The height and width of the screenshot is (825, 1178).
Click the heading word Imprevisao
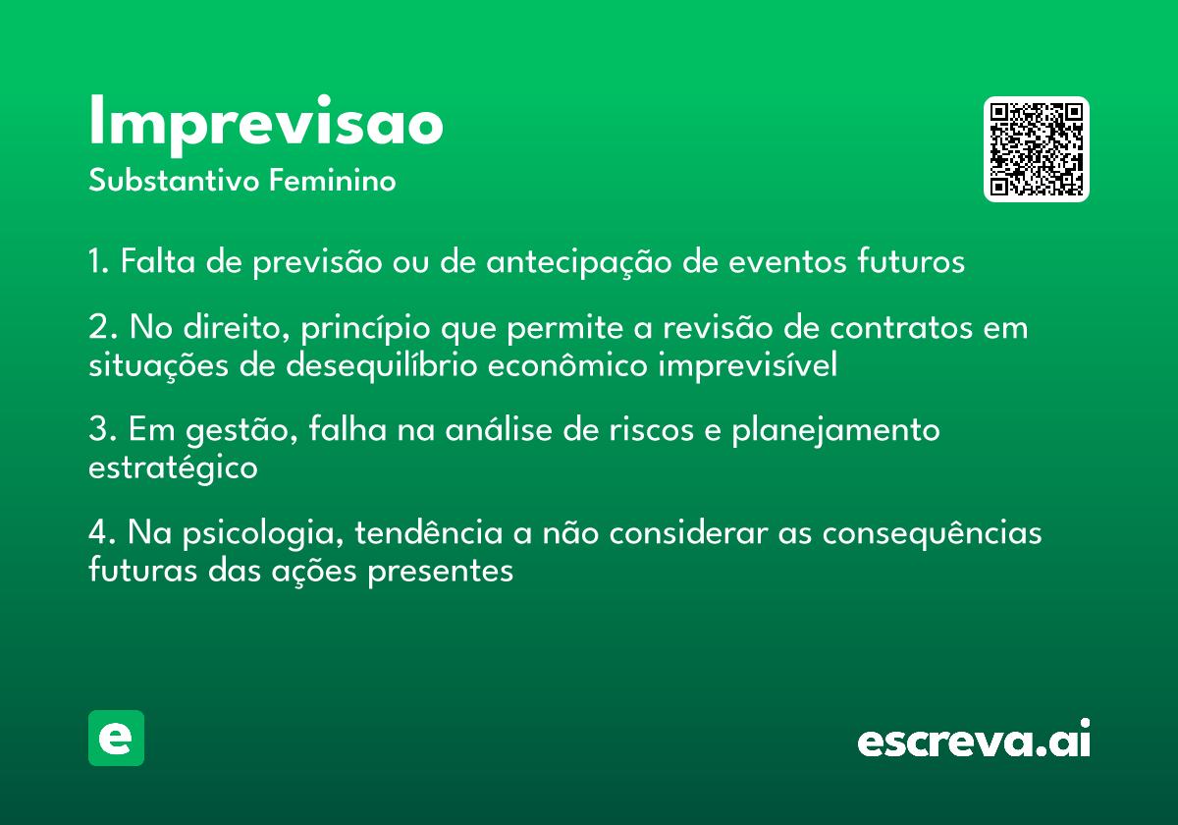click(x=266, y=126)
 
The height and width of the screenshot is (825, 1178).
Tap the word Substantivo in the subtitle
click(x=174, y=180)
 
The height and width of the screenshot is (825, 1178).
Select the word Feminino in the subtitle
click(x=333, y=180)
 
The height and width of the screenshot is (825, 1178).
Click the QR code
click(x=1036, y=149)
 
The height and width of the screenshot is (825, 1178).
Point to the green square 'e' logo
click(x=116, y=738)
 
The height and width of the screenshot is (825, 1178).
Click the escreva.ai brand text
click(x=974, y=739)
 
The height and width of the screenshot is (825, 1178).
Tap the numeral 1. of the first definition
click(x=98, y=261)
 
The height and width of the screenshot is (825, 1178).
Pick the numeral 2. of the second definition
click(x=102, y=327)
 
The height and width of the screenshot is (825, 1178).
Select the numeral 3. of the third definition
click(x=102, y=429)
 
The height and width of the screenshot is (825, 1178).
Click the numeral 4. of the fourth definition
click(x=102, y=532)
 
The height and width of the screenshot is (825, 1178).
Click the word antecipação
click(x=579, y=262)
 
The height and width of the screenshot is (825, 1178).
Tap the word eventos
click(x=787, y=261)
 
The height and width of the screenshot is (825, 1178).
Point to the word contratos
click(x=901, y=328)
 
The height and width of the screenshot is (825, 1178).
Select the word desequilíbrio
click(x=382, y=364)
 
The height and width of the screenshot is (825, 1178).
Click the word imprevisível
click(x=748, y=364)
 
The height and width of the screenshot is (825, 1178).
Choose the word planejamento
click(x=835, y=431)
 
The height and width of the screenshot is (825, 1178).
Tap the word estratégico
click(x=173, y=467)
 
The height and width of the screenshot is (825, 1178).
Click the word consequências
click(x=932, y=532)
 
